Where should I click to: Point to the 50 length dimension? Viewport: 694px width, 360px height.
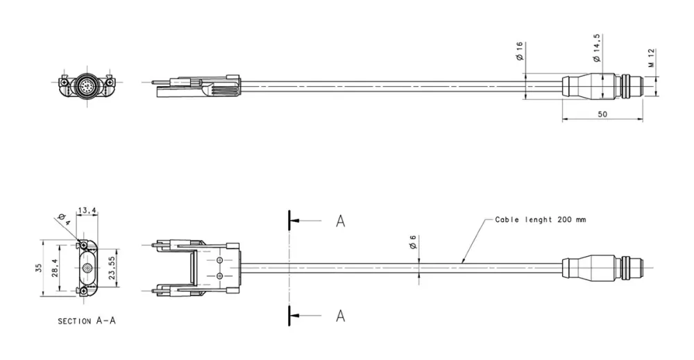click(602, 114)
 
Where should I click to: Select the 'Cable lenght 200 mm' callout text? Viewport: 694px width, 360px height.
click(540, 219)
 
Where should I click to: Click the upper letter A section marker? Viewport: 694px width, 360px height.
click(341, 221)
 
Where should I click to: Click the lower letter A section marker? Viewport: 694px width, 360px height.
click(341, 316)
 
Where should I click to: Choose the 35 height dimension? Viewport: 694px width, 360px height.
click(39, 268)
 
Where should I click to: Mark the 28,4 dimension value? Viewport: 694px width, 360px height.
click(62, 268)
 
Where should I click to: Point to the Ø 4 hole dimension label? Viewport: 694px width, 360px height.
click(64, 221)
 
